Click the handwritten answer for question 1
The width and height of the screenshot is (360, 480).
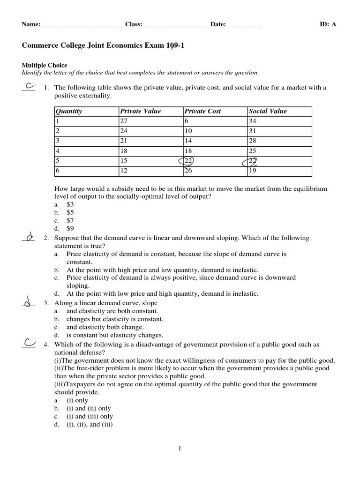coord(29,86)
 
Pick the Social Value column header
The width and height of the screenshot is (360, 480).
coord(268,112)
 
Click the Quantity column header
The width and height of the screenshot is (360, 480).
coord(68,112)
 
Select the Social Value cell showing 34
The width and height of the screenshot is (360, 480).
coord(254,121)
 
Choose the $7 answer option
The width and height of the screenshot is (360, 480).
coord(70,220)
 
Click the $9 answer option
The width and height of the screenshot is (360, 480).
coord(70,229)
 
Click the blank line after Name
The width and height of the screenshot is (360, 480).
coord(82,25)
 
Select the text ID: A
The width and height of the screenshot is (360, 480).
coord(328,25)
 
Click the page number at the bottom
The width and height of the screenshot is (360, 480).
coord(180,449)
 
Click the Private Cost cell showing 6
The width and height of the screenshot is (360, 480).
coord(187,121)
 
